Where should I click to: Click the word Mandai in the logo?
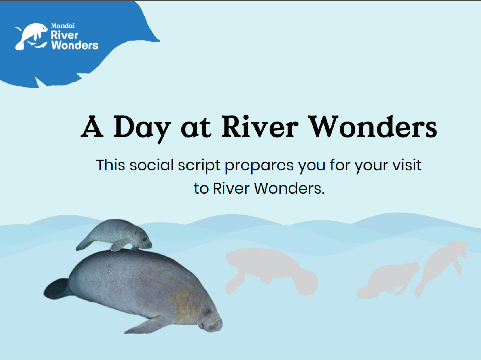pyautogui.click(x=63, y=26)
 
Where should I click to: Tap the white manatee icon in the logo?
pyautogui.click(x=31, y=37)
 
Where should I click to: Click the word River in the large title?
pyautogui.click(x=260, y=127)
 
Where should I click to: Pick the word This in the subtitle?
pyautogui.click(x=111, y=165)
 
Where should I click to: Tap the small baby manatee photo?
pyautogui.click(x=114, y=235)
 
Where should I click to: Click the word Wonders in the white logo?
pyautogui.click(x=75, y=45)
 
